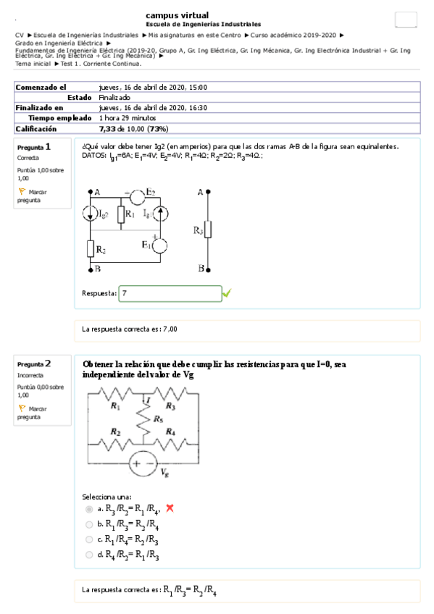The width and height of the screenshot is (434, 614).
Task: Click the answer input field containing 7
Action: (170, 293)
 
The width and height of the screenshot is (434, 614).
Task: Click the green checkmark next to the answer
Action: (227, 293)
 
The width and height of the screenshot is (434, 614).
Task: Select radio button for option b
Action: (89, 524)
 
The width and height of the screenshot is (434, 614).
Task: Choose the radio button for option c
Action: (89, 539)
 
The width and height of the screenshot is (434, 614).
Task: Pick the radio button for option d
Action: (89, 555)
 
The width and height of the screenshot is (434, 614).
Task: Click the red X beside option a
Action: (170, 508)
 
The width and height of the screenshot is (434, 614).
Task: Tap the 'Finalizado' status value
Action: (114, 97)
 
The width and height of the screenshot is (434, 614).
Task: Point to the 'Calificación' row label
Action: (36, 128)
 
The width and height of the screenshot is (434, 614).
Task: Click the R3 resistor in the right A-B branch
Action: (209, 230)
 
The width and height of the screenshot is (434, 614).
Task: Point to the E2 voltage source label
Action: (150, 192)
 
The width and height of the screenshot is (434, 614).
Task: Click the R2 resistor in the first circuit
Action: (91, 248)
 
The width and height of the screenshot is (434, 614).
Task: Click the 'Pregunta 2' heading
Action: (34, 363)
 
